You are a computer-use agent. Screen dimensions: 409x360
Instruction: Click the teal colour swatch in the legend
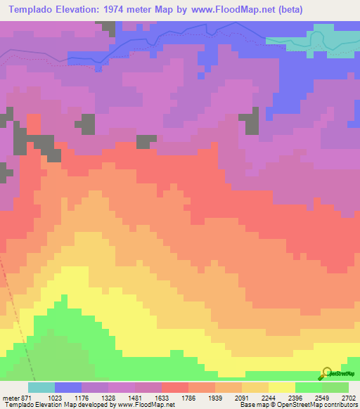(x=41, y=387)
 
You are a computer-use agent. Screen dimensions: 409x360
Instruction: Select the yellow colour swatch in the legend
(x=281, y=387)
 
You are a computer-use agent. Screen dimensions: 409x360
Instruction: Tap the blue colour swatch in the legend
(x=67, y=387)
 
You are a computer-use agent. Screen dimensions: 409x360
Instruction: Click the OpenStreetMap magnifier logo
(x=326, y=372)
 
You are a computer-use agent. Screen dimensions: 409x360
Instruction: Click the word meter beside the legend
(x=11, y=397)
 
